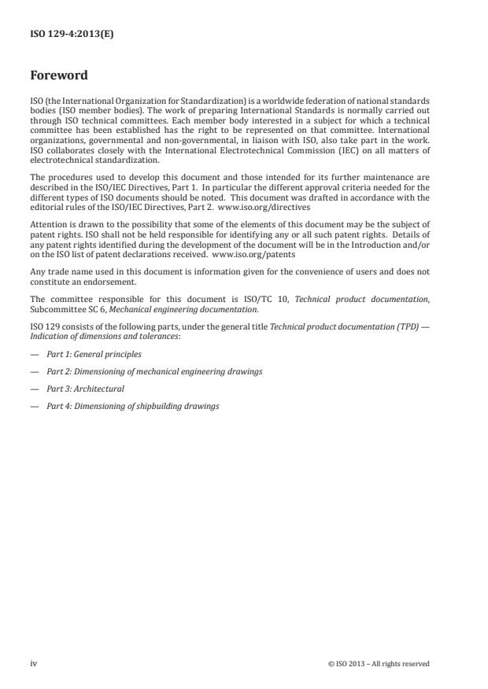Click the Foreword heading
59,76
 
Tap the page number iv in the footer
33,664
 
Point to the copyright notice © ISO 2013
379,664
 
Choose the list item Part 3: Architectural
85,389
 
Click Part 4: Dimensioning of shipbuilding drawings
133,406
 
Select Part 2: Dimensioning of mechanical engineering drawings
154,371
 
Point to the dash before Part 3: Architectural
35,389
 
